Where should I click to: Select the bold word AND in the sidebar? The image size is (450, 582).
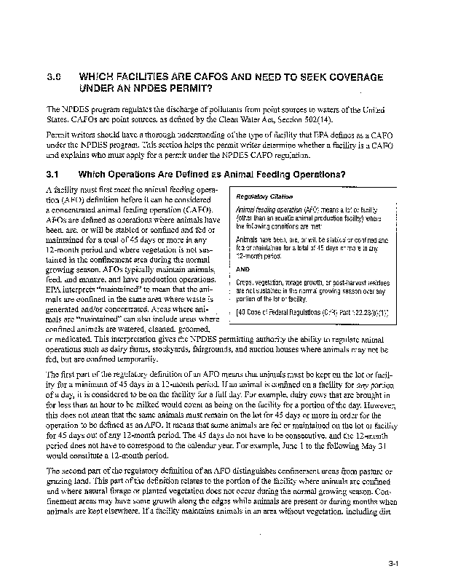245,269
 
